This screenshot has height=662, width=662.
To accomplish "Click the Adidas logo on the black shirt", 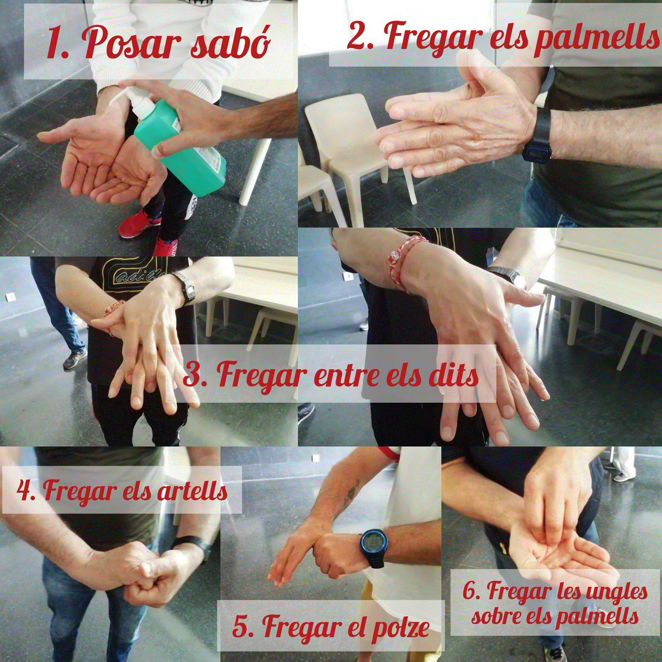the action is point(138,276).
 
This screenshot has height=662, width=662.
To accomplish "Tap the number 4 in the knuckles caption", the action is point(25,490).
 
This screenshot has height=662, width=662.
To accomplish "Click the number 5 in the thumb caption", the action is point(242,626).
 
